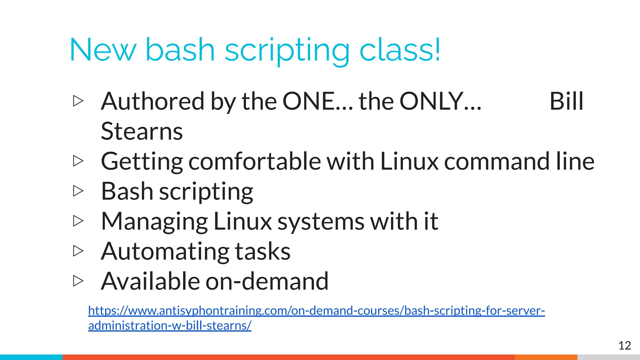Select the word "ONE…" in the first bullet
point(317,101)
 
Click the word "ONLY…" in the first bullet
point(440,101)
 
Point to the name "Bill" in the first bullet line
point(566,101)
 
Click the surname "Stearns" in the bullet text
point(142,131)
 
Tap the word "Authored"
point(152,101)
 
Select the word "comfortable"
point(255,161)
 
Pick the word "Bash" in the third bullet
point(127,191)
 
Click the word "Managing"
point(154,221)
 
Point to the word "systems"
point(321,221)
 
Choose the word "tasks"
point(262,251)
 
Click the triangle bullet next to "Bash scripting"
point(78,191)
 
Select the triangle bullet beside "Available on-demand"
point(78,281)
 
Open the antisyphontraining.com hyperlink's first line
point(316,311)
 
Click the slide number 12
point(624,346)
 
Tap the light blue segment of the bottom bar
point(31,357)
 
